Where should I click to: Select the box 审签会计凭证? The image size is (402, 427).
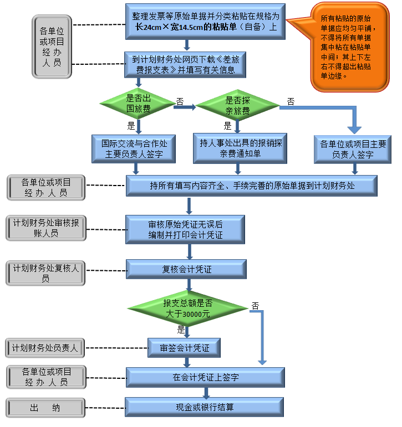[x=184, y=348]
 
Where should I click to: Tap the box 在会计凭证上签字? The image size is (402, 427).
[x=205, y=377]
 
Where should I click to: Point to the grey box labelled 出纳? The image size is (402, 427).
[x=46, y=408]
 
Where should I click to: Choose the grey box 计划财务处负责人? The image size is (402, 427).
[x=46, y=348]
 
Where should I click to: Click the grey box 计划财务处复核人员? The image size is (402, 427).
[x=46, y=272]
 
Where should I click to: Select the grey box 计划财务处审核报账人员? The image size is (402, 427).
[x=46, y=228]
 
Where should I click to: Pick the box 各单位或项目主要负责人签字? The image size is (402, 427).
[x=353, y=149]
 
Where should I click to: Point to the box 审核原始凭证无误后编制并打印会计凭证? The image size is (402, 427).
[x=185, y=230]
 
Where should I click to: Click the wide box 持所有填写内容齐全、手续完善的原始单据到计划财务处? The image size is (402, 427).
[x=252, y=186]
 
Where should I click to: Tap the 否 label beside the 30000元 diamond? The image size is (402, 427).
[x=255, y=306]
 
